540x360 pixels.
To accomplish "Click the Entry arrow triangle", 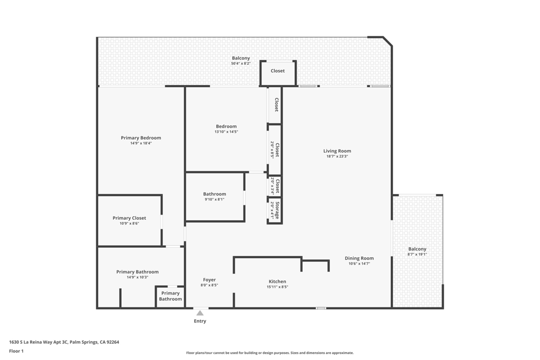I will pos(200,313).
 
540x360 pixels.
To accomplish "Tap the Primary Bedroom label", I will pos(141,138).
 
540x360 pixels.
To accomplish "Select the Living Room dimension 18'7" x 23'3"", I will pos(337,157).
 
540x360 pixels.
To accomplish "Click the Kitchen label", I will pos(277,282).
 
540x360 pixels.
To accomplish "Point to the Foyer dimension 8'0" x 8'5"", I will pos(209,285).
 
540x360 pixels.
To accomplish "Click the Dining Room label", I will pos(359,258).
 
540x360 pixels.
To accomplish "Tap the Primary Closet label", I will pos(129,218).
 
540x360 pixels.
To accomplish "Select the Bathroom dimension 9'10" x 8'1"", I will pos(214,199).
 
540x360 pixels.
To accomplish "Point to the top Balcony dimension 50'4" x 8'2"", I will pos(240,64).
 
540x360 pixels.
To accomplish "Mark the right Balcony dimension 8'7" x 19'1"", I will pos(417,254).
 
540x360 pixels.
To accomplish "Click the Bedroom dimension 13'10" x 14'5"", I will pos(226,132).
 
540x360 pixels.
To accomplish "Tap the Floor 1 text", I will pos(16,351).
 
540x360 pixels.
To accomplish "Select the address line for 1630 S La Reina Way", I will pos(64,342).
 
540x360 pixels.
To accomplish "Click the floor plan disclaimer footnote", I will pos(269,353).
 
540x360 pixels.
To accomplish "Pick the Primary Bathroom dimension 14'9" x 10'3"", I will pos(137,277).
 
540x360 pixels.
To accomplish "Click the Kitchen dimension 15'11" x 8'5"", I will pos(277,287).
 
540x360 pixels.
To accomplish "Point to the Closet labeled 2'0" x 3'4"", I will pos(275,186).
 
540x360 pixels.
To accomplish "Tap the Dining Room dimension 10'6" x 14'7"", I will pos(359,264).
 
